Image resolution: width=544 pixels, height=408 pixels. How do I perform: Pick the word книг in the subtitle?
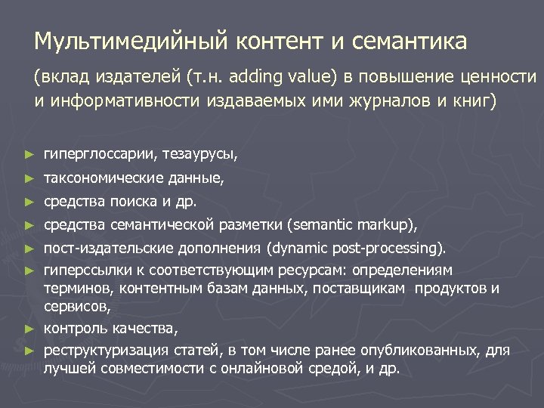pos(473,100)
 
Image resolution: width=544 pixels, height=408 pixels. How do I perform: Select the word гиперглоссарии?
pos(100,155)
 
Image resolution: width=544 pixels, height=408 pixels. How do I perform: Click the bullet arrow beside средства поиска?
pos(29,202)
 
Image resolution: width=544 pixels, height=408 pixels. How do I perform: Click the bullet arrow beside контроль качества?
pos(29,329)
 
